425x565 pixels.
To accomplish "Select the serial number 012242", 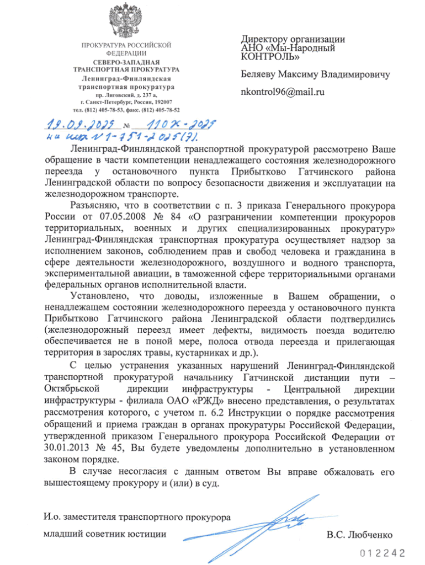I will (382, 552).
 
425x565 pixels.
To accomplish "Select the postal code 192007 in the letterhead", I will (161, 102).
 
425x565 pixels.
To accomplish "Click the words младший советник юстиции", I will (104, 534).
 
